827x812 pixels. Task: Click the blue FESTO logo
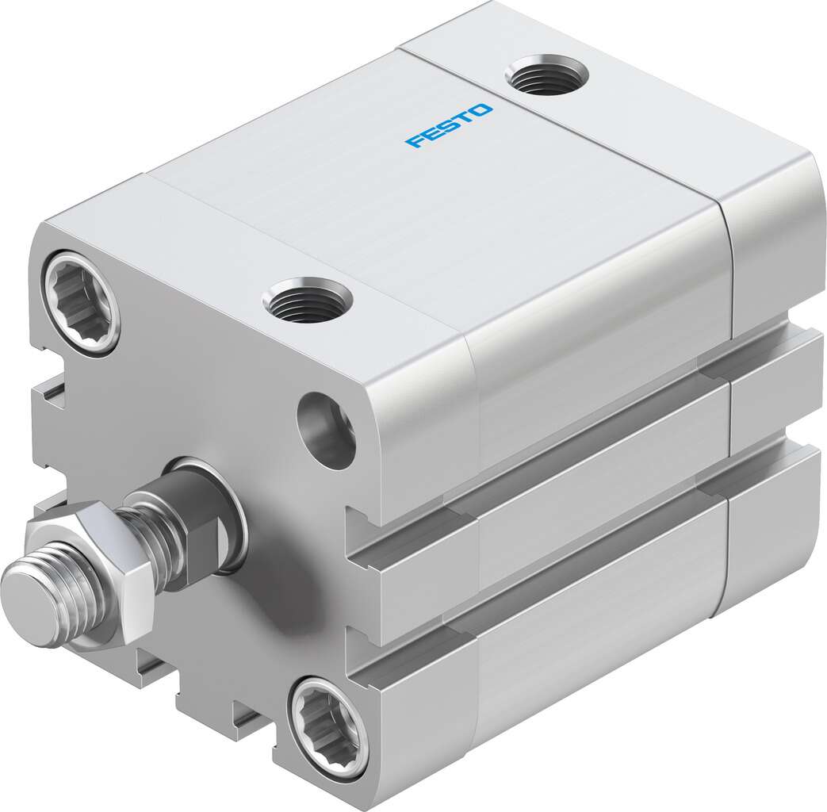coord(449,126)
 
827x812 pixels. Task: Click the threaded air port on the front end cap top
coord(308,300)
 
